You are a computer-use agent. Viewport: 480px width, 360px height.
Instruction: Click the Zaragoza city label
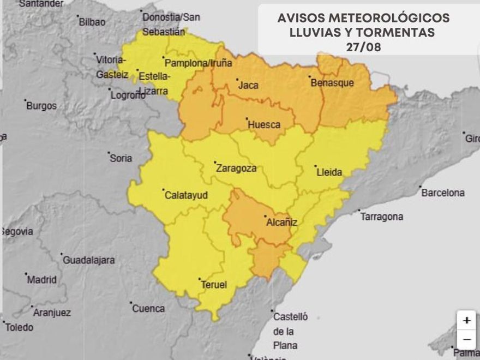236,168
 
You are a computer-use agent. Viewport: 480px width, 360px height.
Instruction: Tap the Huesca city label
264,124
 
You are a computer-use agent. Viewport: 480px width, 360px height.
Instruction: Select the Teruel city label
213,285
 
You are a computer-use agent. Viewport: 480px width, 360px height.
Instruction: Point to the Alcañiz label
281,222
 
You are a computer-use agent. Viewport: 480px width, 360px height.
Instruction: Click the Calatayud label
186,195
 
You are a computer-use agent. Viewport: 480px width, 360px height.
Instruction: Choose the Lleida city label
329,172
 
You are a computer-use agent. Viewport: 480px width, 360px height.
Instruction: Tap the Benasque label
332,83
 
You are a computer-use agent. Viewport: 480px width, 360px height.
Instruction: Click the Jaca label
248,85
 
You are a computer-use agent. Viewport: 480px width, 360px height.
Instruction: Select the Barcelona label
443,193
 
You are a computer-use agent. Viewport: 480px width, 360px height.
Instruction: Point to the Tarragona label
382,217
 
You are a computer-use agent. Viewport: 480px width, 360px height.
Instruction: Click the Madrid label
42,280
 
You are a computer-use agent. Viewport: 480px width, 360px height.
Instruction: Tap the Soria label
121,158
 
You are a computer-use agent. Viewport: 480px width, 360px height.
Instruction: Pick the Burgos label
41,106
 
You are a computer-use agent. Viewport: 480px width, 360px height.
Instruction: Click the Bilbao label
92,22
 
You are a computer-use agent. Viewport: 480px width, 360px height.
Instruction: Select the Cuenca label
148,308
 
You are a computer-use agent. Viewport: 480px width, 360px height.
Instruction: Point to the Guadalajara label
89,260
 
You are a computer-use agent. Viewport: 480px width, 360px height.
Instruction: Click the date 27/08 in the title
363,47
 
